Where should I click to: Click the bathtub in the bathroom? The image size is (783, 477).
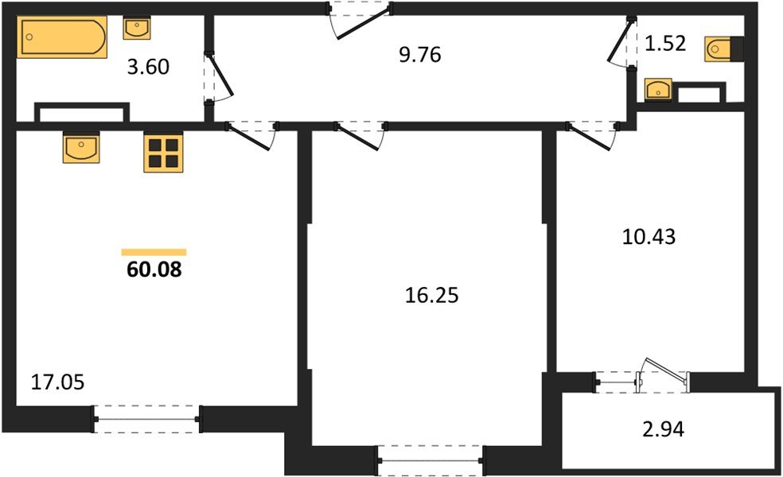pos(63,37)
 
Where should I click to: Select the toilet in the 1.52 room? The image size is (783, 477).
pos(723,49)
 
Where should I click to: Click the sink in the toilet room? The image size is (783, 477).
pos(658,90)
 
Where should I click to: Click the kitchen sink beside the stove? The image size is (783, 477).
pos(80,148)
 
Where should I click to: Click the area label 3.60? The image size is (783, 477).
pos(148,67)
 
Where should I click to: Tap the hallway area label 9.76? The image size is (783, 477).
pos(419,55)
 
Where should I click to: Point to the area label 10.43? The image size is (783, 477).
pos(649,236)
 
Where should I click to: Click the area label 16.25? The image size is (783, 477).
pos(432,296)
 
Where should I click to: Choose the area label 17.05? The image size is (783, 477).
pos(57,382)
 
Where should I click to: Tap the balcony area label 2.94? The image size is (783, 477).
pos(661,431)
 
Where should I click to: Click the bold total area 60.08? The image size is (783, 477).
pos(154,270)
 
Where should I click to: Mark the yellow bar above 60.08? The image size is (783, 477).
pos(154,252)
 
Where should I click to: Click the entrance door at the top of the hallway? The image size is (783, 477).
pos(360,17)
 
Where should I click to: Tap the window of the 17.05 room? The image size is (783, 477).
pos(146,419)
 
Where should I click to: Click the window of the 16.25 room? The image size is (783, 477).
pos(430,459)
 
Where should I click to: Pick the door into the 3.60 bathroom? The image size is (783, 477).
pos(216,78)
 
